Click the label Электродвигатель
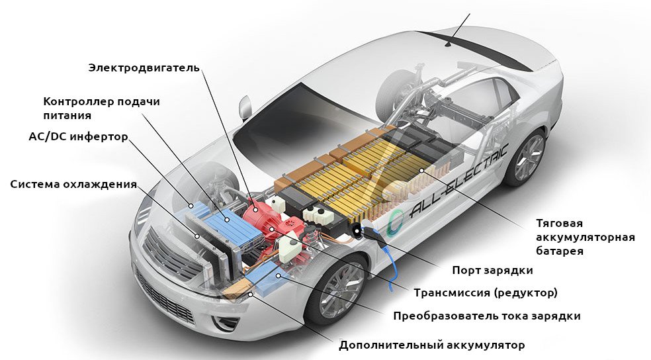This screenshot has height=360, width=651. [x=144, y=67]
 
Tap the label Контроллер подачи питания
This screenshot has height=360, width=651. [x=101, y=108]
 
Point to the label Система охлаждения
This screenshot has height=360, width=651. [x=73, y=183]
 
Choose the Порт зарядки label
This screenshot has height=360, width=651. [x=492, y=270]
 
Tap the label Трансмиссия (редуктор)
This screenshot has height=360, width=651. [x=486, y=292]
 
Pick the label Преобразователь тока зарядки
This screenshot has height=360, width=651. [x=486, y=316]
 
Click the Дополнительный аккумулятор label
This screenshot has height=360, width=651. [x=431, y=345]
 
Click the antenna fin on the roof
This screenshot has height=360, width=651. [x=449, y=44]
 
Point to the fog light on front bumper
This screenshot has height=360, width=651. [x=226, y=323]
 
